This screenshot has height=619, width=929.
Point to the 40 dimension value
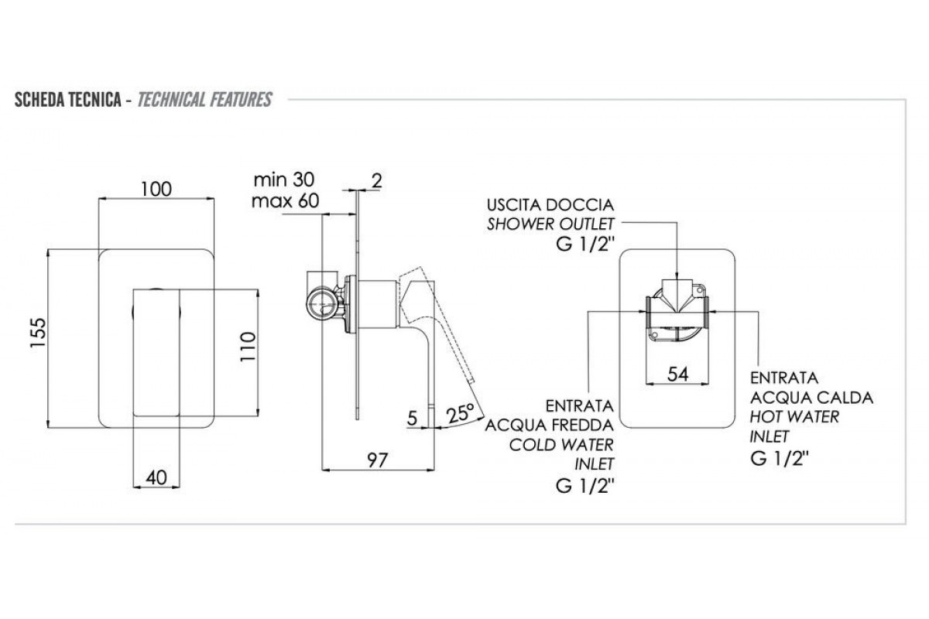(x=156, y=477)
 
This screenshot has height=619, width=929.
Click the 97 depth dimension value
(x=377, y=459)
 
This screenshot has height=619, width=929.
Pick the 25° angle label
(x=461, y=413)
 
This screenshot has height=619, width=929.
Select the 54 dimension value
(x=678, y=374)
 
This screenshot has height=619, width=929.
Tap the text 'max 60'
(x=283, y=202)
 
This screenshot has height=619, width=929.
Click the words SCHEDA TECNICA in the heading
(x=66, y=100)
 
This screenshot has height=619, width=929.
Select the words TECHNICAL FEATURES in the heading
(x=204, y=100)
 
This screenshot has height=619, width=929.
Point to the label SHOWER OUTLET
(x=550, y=224)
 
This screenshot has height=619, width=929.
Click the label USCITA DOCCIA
(x=550, y=205)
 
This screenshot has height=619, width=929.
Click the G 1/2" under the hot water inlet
(x=780, y=457)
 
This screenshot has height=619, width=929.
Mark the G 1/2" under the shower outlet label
(x=580, y=245)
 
